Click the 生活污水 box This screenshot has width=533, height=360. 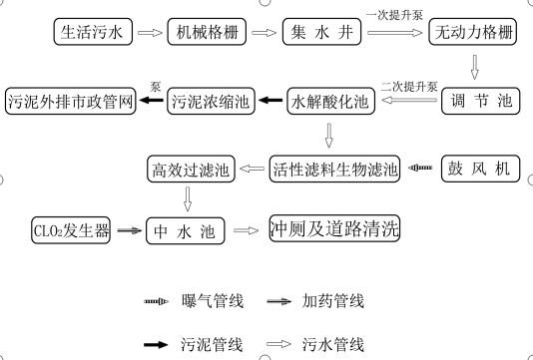coord(91,33)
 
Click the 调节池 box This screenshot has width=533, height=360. coord(475,101)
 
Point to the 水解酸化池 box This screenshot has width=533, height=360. coord(328,101)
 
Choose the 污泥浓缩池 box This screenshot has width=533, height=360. coord(211,101)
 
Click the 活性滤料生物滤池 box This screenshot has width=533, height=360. coord(335,168)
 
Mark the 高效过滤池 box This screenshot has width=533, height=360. coord(190,168)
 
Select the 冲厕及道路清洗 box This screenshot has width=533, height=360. coord(334,229)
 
